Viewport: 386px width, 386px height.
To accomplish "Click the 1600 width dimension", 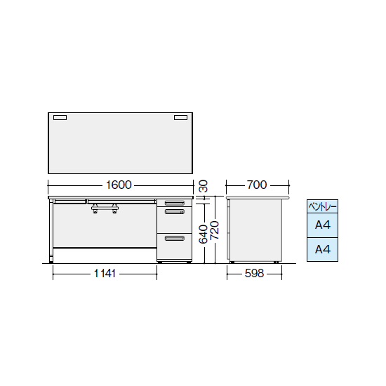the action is pyautogui.click(x=119, y=185).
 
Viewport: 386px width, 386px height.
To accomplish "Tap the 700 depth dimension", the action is pyautogui.click(x=257, y=185).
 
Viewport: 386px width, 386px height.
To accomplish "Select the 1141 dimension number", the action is pyautogui.click(x=105, y=274).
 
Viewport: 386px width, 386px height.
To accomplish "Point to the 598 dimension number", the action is pyautogui.click(x=254, y=274).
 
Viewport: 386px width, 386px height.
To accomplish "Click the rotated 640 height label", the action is pyautogui.click(x=204, y=234).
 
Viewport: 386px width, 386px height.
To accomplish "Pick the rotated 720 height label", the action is pyautogui.click(x=215, y=230).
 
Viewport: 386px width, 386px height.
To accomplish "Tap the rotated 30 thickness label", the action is pyautogui.click(x=204, y=187).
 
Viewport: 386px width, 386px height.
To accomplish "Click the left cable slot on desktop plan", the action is pyautogui.click(x=60, y=118).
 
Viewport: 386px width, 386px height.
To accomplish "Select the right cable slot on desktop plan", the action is pyautogui.click(x=180, y=118).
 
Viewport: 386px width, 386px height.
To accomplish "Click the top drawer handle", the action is pyautogui.click(x=175, y=203).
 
